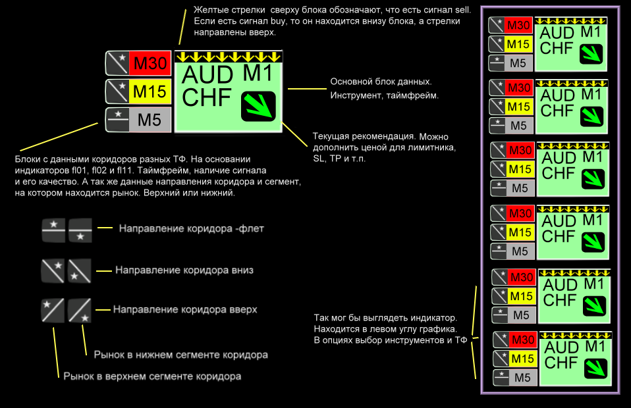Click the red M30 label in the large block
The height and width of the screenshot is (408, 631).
click(150, 64)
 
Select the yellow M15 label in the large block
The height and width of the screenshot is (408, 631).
click(150, 91)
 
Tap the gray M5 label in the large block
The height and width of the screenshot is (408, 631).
click(150, 120)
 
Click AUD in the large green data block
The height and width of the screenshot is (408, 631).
click(207, 75)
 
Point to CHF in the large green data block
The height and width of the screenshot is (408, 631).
click(206, 97)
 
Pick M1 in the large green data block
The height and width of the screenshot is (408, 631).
click(258, 74)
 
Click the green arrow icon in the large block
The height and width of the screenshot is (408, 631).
click(258, 107)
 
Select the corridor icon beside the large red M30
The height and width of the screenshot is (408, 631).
click(117, 64)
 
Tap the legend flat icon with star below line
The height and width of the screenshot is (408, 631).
click(80, 230)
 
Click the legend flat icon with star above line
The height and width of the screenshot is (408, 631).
click(53, 230)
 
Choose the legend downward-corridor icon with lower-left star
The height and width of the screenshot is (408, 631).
click(79, 271)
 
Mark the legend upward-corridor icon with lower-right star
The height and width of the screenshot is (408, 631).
click(79, 311)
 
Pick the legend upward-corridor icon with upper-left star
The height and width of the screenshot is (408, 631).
click(53, 311)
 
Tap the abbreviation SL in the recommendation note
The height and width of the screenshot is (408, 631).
click(318, 159)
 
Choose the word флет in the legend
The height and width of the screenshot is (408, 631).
click(251, 229)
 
